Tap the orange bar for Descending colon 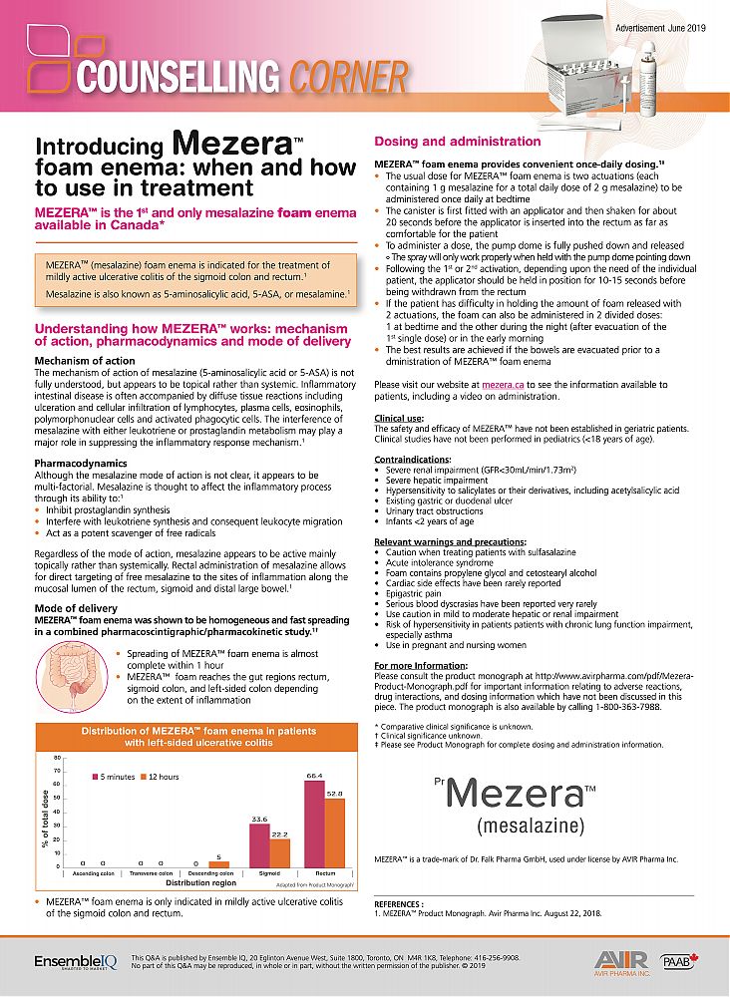click(223, 864)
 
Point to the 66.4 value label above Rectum click(314, 775)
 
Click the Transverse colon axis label click(153, 873)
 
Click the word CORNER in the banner click(349, 77)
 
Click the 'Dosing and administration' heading click(457, 142)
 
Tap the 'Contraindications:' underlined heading click(411, 460)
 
